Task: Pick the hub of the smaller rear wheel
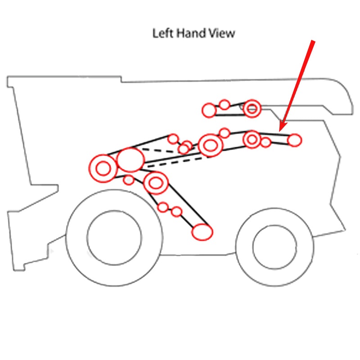[x=269, y=246]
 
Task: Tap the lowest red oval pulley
[x=202, y=231]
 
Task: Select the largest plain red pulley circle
[x=130, y=159]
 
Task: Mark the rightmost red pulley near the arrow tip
[x=294, y=140]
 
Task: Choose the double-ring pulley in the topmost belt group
[x=252, y=108]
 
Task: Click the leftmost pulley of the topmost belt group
[x=209, y=109]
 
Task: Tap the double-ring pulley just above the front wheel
[x=156, y=183]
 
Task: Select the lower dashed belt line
[x=175, y=162]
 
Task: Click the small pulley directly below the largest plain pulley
[x=129, y=180]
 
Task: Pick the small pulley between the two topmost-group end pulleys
[x=225, y=105]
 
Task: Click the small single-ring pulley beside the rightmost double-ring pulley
[x=266, y=142]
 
